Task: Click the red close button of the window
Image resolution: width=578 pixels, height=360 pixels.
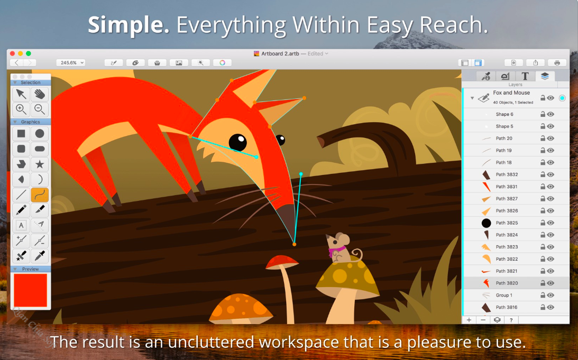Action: coord(12,53)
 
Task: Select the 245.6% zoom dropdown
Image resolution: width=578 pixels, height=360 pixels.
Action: coord(71,62)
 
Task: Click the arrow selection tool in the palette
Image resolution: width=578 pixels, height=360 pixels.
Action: coord(21,94)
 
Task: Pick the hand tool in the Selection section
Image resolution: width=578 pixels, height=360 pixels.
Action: coord(40,94)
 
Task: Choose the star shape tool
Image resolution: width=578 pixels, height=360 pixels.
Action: coord(40,164)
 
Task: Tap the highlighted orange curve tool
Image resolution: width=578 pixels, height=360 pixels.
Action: coord(40,195)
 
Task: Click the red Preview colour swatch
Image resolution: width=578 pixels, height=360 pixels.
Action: coord(31,290)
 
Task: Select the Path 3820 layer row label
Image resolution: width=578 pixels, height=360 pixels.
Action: coord(507,283)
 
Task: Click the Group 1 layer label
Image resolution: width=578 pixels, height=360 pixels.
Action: coord(504,295)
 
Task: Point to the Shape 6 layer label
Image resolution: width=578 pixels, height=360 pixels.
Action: coord(504,114)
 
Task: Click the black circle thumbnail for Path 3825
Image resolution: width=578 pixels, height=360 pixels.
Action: coord(486,223)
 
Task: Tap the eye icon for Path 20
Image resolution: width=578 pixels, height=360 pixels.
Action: coord(551,139)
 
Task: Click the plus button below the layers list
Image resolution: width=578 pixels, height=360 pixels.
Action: coord(469,320)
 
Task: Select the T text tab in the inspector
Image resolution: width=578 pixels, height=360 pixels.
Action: coord(525,76)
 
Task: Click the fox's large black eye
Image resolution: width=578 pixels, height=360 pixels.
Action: coord(238,143)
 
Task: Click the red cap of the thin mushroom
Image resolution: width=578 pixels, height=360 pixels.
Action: coord(282,262)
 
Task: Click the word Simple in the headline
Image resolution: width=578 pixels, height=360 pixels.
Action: coord(129,25)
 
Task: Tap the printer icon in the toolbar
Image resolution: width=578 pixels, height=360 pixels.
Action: coord(557,62)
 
